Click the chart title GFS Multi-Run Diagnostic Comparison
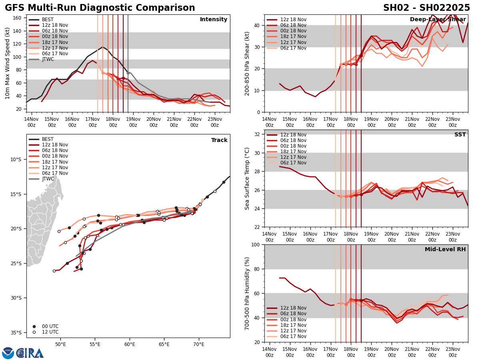tap(100, 8)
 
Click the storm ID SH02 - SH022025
tap(426, 8)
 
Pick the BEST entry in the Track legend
tap(48, 140)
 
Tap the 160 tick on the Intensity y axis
tap(17, 18)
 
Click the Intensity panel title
tap(214, 20)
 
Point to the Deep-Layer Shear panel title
tap(438, 20)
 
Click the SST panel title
tap(460, 135)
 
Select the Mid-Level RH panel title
tap(445, 250)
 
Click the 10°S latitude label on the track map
tap(16, 159)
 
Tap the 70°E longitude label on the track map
tap(199, 344)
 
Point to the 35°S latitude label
tap(16, 332)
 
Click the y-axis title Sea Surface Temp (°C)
tap(248, 178)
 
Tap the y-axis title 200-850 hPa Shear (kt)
tap(248, 63)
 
